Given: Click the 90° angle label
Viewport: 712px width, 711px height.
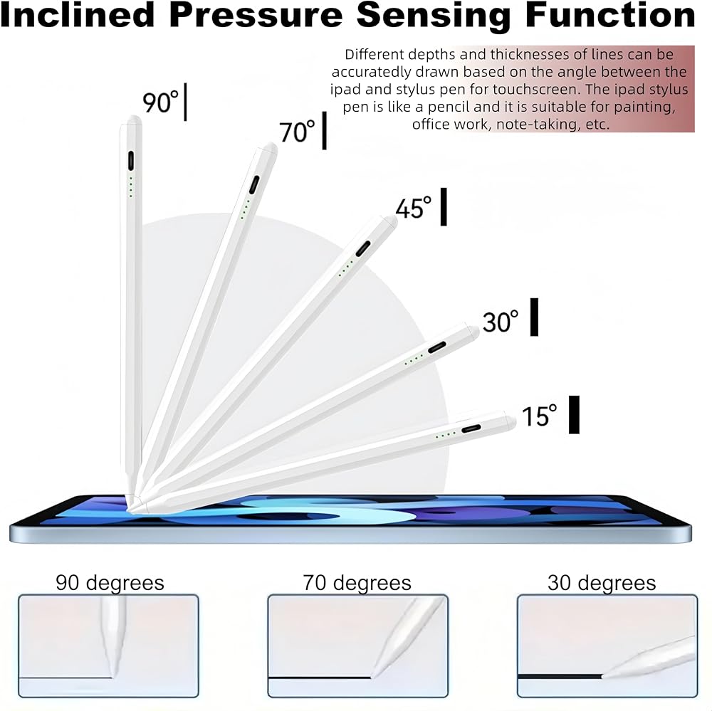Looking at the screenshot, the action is (160, 102).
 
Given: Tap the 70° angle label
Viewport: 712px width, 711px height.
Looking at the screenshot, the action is (297, 132).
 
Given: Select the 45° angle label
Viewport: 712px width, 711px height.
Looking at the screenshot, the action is (413, 209).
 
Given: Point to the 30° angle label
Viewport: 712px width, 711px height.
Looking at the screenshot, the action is (501, 322).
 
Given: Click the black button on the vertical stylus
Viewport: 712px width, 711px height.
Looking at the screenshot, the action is (131, 161).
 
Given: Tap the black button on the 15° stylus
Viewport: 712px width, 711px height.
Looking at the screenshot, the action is (471, 428).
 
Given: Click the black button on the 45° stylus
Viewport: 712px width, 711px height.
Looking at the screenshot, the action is (363, 249).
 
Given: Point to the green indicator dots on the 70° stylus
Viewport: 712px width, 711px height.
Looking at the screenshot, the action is (245, 209).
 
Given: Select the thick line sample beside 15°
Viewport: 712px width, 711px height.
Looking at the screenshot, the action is (575, 414).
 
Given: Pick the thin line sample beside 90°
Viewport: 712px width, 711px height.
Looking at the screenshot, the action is (185, 102).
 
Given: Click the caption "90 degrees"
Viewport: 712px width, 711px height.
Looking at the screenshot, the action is (110, 582).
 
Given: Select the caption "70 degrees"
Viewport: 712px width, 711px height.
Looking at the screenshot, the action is (357, 582).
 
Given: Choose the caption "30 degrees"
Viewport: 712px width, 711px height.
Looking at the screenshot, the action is (602, 582).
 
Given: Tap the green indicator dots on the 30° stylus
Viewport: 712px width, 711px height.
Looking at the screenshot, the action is (414, 360).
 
